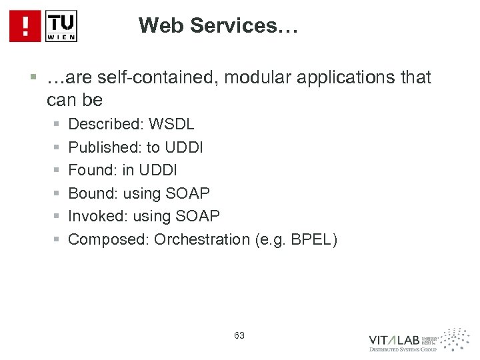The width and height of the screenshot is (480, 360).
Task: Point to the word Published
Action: pyautogui.click(x=101, y=147)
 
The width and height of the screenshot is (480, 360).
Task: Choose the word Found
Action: pyautogui.click(x=90, y=171)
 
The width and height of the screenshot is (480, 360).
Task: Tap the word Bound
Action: pyautogui.click(x=91, y=193)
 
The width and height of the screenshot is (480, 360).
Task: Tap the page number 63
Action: pyautogui.click(x=240, y=335)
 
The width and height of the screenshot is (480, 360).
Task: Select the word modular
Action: pyautogui.click(x=253, y=79)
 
